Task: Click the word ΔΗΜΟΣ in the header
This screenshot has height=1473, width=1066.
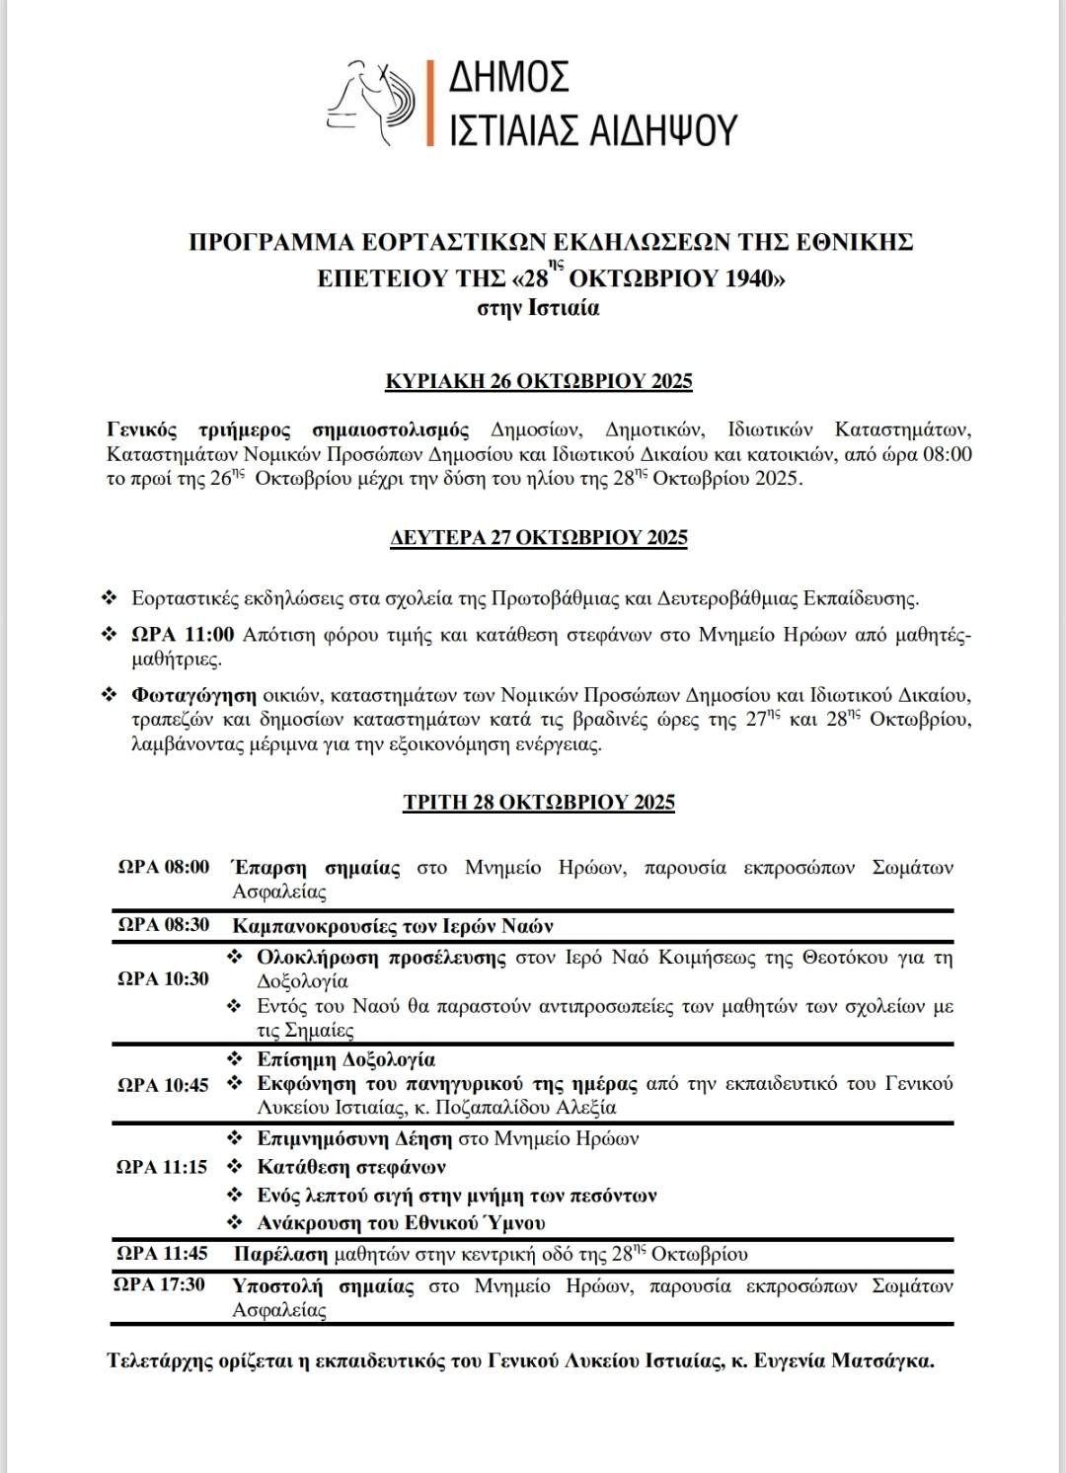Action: coord(509,77)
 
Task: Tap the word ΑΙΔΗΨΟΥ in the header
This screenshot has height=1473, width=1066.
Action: coord(662,129)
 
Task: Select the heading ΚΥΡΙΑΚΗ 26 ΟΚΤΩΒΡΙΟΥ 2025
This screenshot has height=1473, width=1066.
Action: coord(539,381)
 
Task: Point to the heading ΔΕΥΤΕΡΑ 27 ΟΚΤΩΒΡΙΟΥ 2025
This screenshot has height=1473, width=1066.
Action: coord(539,538)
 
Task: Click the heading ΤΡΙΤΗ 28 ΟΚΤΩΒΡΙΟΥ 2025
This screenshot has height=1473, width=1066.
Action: coord(539,802)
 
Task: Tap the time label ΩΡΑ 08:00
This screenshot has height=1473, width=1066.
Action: coord(164,867)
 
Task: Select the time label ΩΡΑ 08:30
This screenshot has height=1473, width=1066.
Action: coord(164,925)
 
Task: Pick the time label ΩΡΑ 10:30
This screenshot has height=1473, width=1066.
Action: coord(164,978)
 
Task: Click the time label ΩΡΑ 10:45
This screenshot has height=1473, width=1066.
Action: coord(164,1085)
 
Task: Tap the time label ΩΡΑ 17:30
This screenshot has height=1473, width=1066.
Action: coord(160,1284)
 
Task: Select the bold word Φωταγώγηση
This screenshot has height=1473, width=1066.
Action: coord(193,695)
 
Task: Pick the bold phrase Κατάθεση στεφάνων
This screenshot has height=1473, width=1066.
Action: coord(351,1167)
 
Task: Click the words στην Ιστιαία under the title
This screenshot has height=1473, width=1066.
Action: coord(539,308)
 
